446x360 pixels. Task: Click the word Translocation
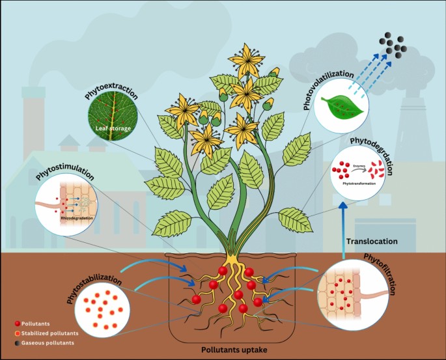pos(372,241)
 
